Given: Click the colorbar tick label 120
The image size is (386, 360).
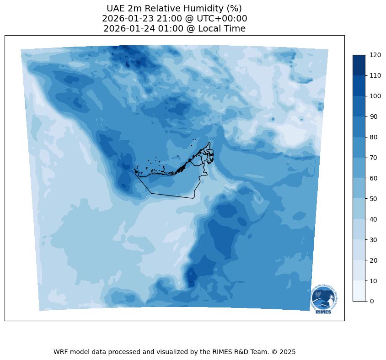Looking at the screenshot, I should coord(375,55).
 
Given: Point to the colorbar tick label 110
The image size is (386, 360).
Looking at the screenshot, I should coord(375,75).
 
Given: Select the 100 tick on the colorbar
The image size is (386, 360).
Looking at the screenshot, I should coord(375,96).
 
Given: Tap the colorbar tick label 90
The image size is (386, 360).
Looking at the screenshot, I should coord(374,116).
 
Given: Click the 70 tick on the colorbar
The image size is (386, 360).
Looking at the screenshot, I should coord(374,158).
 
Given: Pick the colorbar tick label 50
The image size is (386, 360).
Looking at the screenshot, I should coord(374,199).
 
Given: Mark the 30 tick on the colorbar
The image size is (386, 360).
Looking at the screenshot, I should coord(374,239).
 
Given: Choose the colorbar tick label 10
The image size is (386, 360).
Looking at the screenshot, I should coord(374,281).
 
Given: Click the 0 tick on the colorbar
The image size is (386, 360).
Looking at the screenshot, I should coord(372,301).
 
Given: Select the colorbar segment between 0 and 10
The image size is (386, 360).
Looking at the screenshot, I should coord(359,291).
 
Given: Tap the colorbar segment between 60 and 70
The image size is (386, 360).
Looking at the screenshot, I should coord(359,168).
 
